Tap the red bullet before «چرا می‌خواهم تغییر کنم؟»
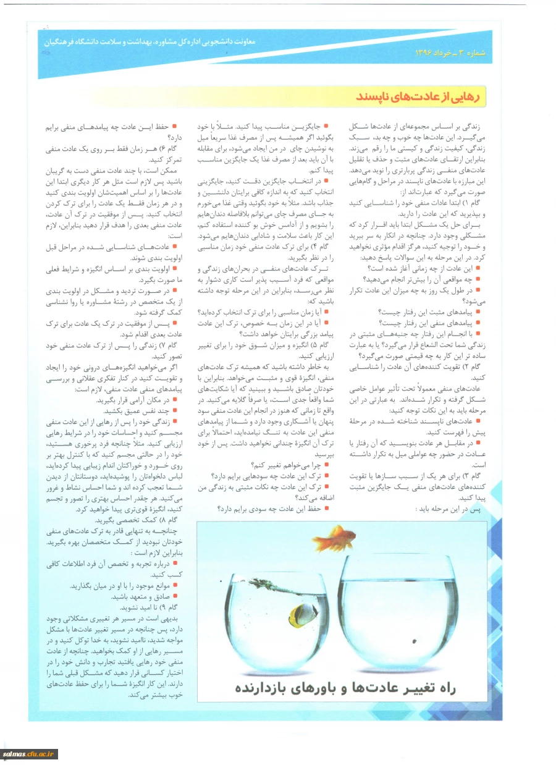(326, 465)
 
